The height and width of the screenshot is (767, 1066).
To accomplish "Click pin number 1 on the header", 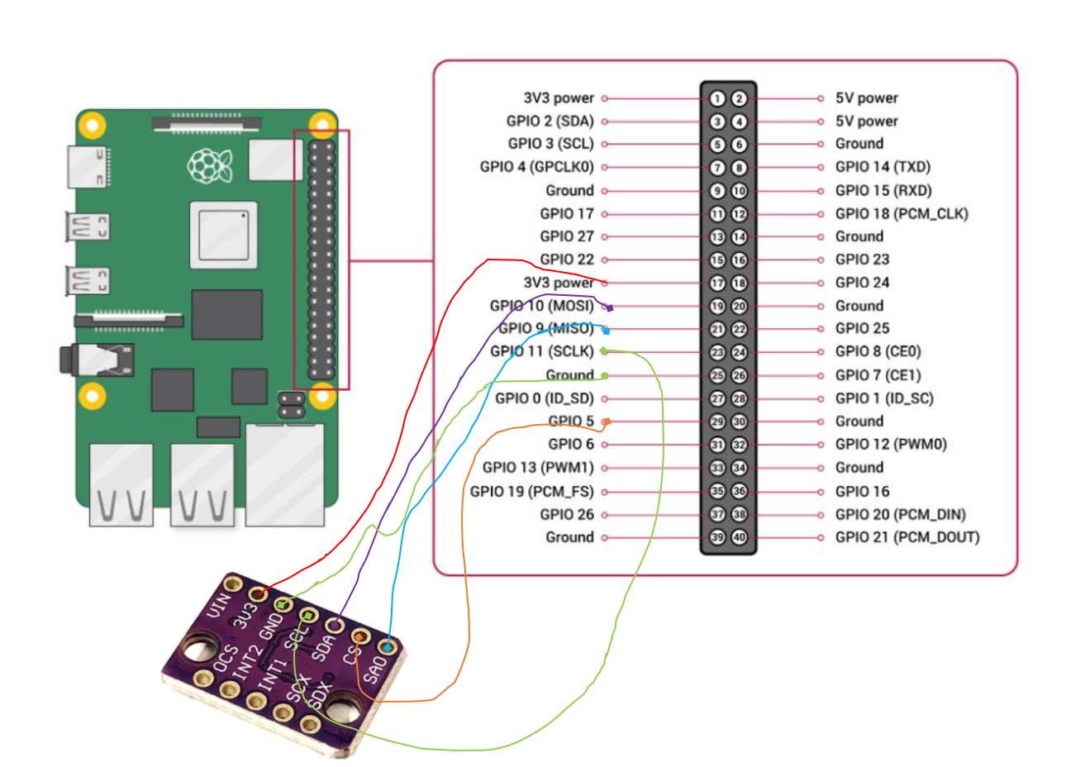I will [716, 98].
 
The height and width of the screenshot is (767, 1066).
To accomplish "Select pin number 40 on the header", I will [740, 538].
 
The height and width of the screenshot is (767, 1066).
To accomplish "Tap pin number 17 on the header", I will [716, 283].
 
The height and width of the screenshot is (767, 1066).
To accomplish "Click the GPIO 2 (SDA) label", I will [550, 121].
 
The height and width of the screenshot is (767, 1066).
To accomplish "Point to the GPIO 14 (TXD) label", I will [883, 167].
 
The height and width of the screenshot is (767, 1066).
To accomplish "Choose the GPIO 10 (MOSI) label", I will [541, 306].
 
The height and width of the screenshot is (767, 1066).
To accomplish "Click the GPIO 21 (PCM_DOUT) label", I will [907, 537].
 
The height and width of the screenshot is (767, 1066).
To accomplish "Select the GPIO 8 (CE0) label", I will [878, 351].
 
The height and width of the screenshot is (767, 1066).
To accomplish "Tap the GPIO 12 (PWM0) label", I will [891, 445].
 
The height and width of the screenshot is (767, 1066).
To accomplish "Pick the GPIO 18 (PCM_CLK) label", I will [901, 214].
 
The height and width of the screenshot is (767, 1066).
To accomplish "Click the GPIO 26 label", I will [567, 514].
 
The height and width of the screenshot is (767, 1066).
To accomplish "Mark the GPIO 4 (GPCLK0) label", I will [536, 167].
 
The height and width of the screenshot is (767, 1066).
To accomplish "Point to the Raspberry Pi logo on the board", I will [209, 166].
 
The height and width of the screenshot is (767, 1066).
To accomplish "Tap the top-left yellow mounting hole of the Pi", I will [92, 126].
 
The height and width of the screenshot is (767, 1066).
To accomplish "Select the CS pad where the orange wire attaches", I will [360, 636].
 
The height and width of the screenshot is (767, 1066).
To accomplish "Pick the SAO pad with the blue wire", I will [386, 647].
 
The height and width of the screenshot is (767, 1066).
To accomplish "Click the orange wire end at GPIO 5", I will [606, 422].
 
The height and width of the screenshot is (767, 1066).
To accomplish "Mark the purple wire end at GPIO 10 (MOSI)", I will [609, 307].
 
